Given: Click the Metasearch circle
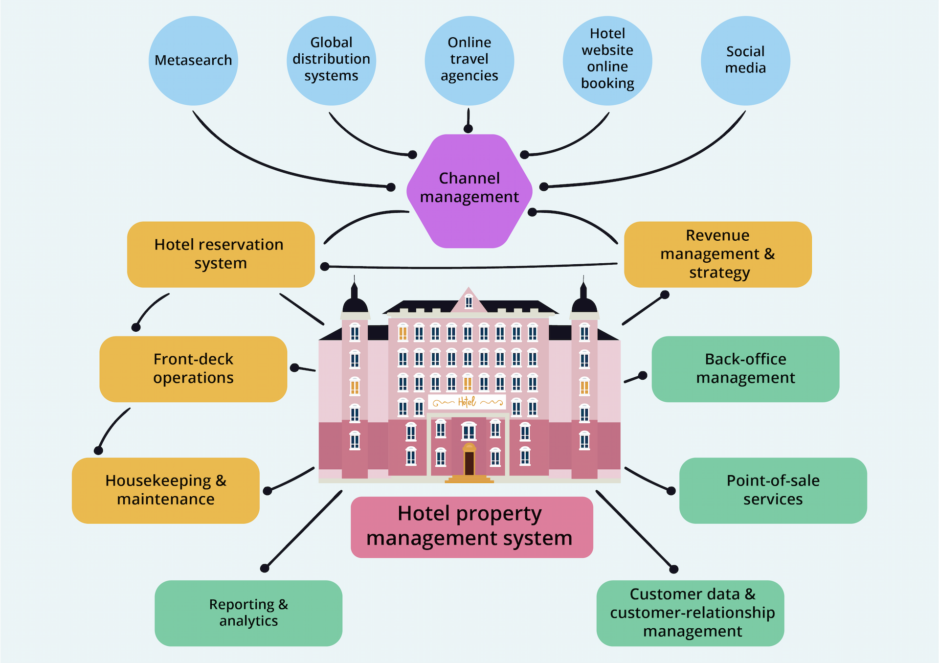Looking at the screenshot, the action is pyautogui.click(x=193, y=61).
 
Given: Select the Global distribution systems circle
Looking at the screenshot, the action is pyautogui.click(x=331, y=61).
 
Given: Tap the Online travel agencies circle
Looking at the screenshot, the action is pyautogui.click(x=469, y=61).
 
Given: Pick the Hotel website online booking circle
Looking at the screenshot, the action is pyautogui.click(x=607, y=61).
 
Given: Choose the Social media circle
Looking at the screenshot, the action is pyautogui.click(x=745, y=61).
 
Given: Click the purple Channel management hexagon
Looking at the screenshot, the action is pyautogui.click(x=469, y=191).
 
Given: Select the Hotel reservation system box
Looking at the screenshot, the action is pyautogui.click(x=221, y=254).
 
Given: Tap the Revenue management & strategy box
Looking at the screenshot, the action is pyautogui.click(x=718, y=254).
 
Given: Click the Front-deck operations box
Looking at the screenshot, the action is pyautogui.click(x=193, y=369).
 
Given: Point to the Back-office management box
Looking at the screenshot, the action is pyautogui.click(x=745, y=369).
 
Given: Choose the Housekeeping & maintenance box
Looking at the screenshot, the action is pyautogui.click(x=166, y=490).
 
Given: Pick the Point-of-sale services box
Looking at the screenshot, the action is pyautogui.click(x=773, y=490).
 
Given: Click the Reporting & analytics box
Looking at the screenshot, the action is pyautogui.click(x=248, y=613).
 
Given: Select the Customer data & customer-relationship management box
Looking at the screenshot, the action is pyautogui.click(x=690, y=613).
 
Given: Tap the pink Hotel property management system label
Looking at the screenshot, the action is pyautogui.click(x=472, y=527).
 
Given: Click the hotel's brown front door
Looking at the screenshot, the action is pyautogui.click(x=469, y=463).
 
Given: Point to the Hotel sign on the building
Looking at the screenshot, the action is pyautogui.click(x=467, y=402).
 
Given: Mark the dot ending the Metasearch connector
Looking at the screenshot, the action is pyautogui.click(x=391, y=187).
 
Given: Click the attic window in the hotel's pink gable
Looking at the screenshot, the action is pyautogui.click(x=469, y=302).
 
